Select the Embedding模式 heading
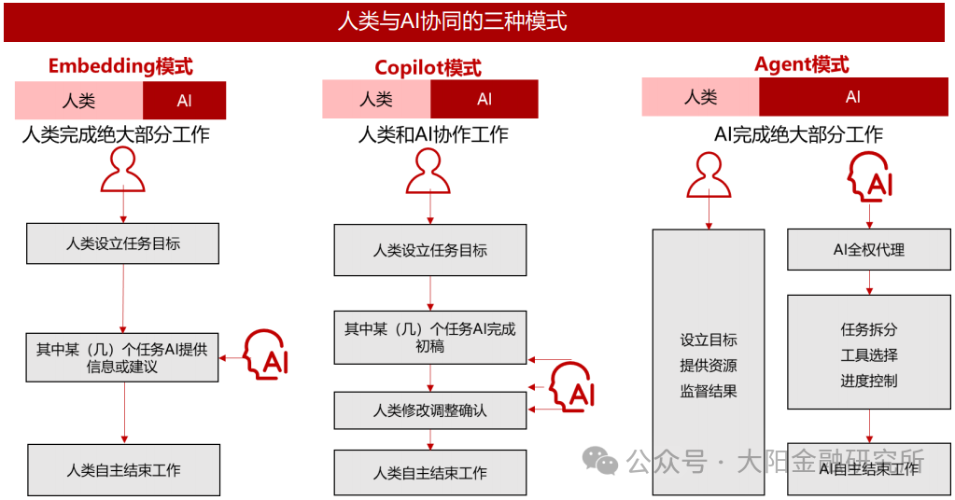click(x=120, y=66)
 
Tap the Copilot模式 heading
click(x=428, y=67)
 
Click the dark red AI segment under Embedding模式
click(x=184, y=101)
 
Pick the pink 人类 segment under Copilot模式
click(x=376, y=99)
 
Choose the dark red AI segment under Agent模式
click(x=852, y=97)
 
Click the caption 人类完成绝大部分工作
click(x=116, y=135)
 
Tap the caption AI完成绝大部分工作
click(x=798, y=134)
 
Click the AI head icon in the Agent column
click(x=870, y=177)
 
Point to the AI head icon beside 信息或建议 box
click(x=265, y=354)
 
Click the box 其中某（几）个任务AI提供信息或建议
click(x=122, y=356)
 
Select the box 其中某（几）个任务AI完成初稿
click(x=429, y=337)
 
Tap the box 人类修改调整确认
click(x=429, y=410)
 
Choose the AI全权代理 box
click(x=869, y=250)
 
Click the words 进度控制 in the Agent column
click(x=869, y=381)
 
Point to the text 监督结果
click(x=709, y=391)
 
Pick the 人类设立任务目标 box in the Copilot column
click(x=429, y=250)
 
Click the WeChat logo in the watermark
click(x=599, y=460)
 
